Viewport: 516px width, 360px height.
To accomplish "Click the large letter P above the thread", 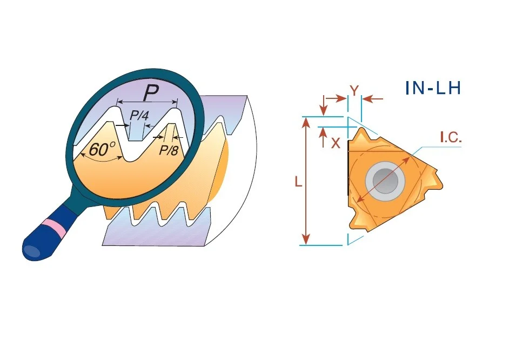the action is (151, 92).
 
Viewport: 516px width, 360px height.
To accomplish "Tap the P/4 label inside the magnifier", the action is (139, 115).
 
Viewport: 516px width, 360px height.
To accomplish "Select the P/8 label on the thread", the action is (169, 150).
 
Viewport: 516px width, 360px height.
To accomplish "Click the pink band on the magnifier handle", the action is (55, 228).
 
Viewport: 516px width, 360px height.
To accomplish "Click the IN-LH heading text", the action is (433, 88).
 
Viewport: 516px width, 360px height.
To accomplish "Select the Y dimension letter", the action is (354, 91).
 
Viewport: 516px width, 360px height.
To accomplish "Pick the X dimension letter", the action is (336, 143).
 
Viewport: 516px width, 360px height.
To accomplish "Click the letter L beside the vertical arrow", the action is (298, 182).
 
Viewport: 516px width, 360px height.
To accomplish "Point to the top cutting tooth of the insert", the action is (361, 136).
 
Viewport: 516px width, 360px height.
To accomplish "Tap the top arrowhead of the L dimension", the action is (306, 123).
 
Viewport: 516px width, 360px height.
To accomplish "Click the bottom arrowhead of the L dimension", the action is (306, 238).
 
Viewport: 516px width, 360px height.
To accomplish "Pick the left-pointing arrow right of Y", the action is (372, 98).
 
